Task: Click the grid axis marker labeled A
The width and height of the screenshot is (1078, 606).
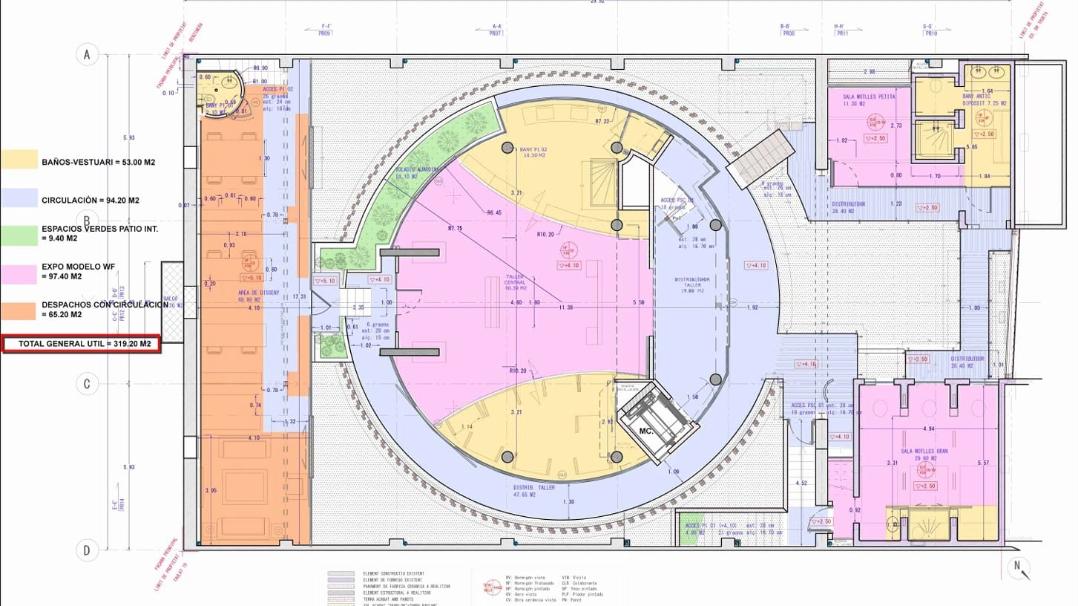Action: tap(88, 54)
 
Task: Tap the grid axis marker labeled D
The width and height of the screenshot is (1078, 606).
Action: tap(88, 550)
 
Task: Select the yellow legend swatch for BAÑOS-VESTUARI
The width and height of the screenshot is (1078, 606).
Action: tap(20, 160)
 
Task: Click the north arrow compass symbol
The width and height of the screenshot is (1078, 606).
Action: tap(1022, 569)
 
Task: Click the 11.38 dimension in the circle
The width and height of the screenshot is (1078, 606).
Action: tap(566, 307)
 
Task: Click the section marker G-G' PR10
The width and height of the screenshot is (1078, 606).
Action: tap(928, 30)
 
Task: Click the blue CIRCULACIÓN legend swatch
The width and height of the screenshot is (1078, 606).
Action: tap(20, 198)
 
